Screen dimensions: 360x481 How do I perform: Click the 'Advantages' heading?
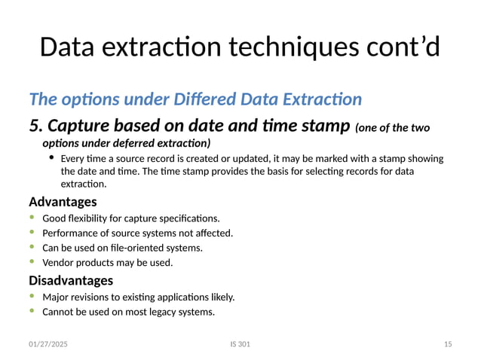[63, 202]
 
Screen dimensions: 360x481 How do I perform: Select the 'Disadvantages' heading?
[71, 280]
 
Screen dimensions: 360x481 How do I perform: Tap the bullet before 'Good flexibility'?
[32, 218]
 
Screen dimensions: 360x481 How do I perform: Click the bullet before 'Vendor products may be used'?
[32, 262]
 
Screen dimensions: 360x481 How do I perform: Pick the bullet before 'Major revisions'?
[32, 297]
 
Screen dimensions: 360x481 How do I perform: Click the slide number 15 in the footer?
[448, 344]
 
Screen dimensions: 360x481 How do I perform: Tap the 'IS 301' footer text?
[240, 344]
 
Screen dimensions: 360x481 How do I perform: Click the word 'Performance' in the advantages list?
[69, 233]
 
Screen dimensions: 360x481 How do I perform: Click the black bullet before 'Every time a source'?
[51, 158]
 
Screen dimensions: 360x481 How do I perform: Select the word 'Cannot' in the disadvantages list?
[57, 312]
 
